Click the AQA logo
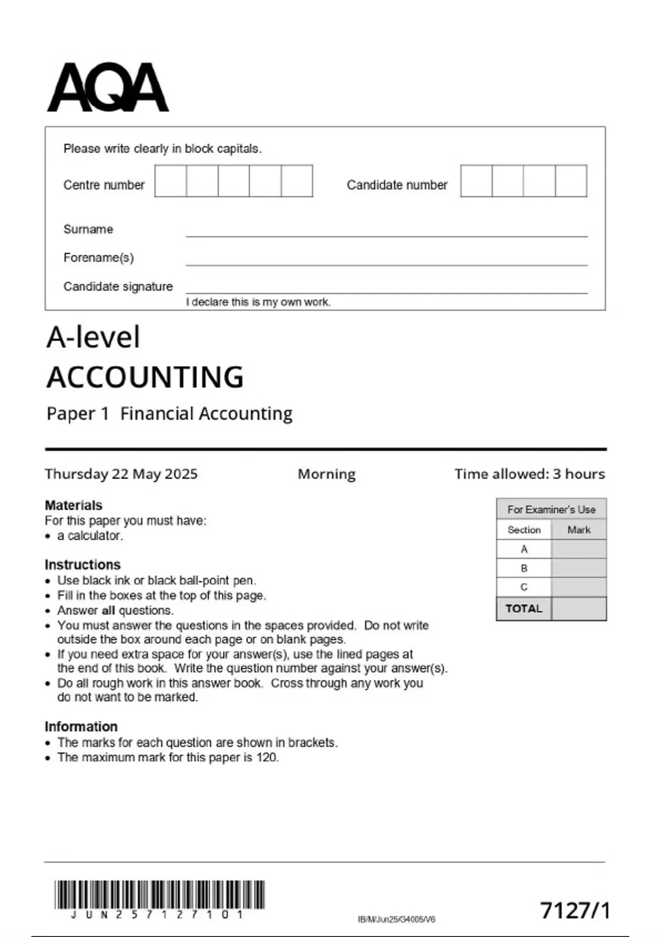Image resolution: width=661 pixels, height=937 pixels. (108, 88)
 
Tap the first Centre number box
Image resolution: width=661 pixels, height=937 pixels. (171, 181)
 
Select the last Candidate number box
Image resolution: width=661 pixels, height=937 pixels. (571, 181)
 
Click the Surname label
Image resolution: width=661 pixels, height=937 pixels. (88, 229)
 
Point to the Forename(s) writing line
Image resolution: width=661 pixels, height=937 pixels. (386, 263)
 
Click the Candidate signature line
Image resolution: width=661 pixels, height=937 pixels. (386, 291)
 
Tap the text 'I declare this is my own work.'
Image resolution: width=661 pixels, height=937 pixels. (258, 302)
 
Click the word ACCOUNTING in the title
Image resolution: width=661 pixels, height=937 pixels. (145, 378)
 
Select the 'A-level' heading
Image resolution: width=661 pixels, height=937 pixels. (93, 337)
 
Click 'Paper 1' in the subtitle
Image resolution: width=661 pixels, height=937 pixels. (78, 413)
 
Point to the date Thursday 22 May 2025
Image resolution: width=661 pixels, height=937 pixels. (121, 474)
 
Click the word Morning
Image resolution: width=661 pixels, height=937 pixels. (327, 474)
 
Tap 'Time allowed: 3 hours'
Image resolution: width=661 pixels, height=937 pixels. (529, 474)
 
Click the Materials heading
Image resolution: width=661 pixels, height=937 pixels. (73, 505)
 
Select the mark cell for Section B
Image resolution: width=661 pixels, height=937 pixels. (578, 568)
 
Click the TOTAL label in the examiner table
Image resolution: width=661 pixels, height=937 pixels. (524, 608)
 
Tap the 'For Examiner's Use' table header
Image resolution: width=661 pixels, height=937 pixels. (551, 509)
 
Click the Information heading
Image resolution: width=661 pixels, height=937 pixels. (81, 726)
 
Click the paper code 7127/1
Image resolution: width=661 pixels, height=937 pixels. (575, 911)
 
